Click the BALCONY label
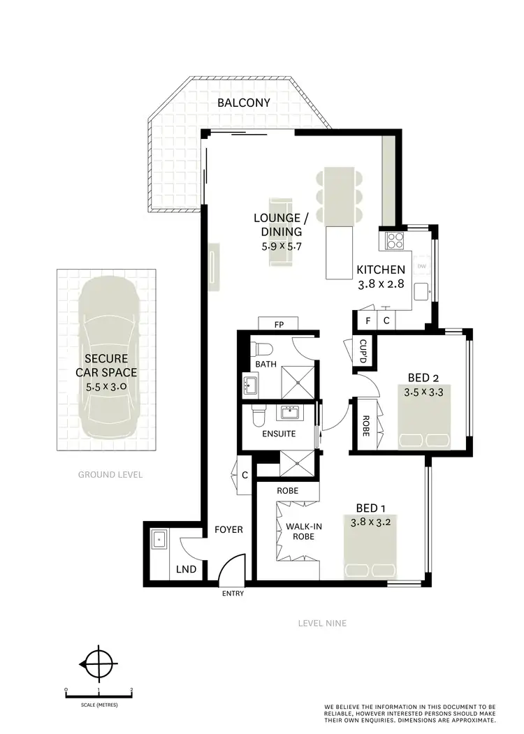[243, 103]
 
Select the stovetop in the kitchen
[393, 240]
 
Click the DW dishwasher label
[421, 267]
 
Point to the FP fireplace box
[278, 323]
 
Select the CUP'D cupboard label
[363, 346]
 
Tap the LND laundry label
[186, 570]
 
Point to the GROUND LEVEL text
[110, 474]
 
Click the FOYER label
[228, 529]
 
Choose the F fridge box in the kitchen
[368, 321]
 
